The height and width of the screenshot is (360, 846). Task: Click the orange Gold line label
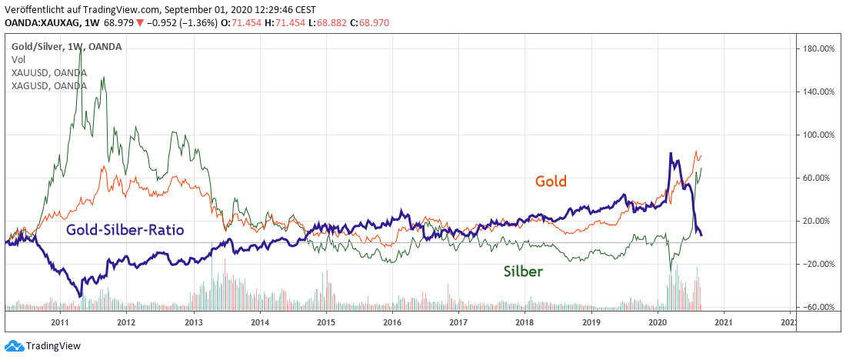click(551, 182)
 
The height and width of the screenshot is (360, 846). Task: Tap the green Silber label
click(523, 271)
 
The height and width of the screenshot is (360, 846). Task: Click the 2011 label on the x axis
click(61, 322)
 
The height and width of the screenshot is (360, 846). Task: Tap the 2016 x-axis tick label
click(392, 322)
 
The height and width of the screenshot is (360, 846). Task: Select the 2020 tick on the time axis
click(658, 322)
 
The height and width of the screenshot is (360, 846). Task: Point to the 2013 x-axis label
click(194, 322)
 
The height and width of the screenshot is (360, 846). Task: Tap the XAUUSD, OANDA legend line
click(48, 72)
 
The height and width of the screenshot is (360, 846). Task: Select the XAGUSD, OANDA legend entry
click(48, 85)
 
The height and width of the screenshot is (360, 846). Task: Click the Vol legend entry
click(18, 59)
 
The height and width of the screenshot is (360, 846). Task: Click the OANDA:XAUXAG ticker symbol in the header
click(43, 24)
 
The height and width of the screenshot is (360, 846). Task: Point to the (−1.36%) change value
click(198, 24)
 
